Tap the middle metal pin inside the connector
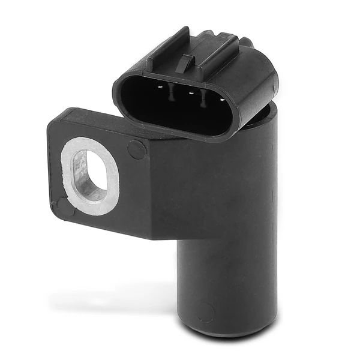tap(191, 94)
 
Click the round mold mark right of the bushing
tap(137, 149)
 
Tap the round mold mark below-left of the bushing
tap(64, 208)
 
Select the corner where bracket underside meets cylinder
tap(180, 238)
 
